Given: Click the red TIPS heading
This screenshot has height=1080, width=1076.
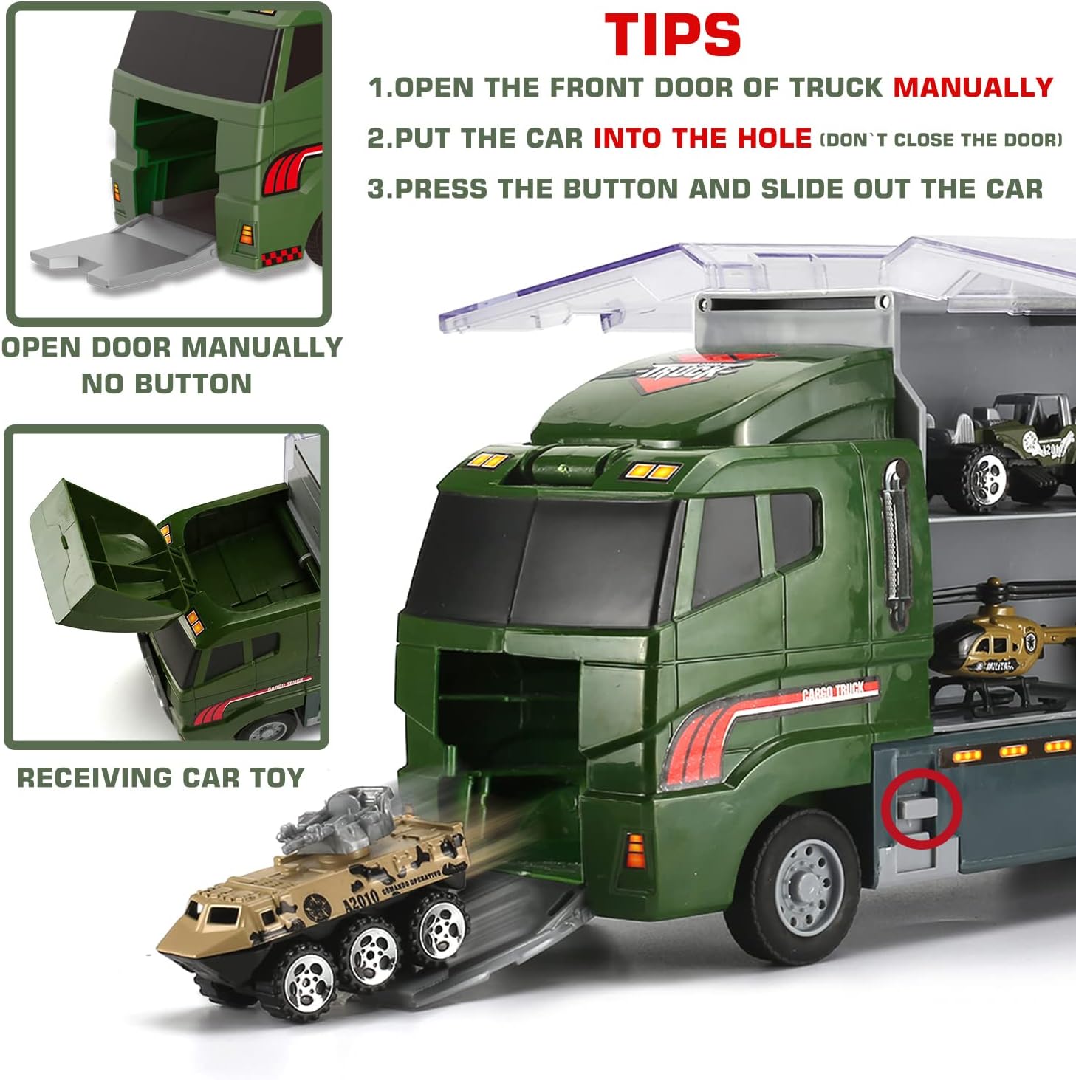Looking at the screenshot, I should [x=672, y=35].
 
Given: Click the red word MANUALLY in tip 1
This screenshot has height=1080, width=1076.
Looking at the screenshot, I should [x=973, y=87].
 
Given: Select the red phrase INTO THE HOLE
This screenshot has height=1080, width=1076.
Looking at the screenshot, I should [x=702, y=138].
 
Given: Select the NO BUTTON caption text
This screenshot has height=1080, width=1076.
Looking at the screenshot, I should [x=167, y=384].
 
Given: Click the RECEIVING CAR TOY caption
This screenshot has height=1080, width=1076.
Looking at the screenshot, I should [x=161, y=777].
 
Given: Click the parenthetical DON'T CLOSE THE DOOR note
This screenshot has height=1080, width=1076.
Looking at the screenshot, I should [x=941, y=140].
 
